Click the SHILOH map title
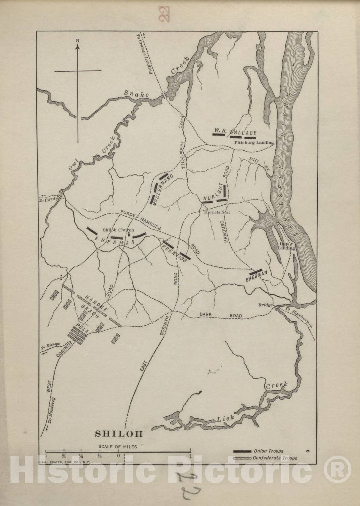pyautogui.click(x=119, y=434)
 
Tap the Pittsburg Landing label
pyautogui.click(x=254, y=142)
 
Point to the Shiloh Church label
pyautogui.click(x=118, y=230)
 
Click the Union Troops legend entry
pyautogui.click(x=269, y=451)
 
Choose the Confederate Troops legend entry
pyautogui.click(x=275, y=458)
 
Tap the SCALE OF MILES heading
pyautogui.click(x=117, y=447)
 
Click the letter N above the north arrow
pyautogui.click(x=78, y=41)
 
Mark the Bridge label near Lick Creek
pyautogui.click(x=266, y=305)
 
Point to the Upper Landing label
pyautogui.click(x=278, y=246)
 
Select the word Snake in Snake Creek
pyautogui.click(x=136, y=94)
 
